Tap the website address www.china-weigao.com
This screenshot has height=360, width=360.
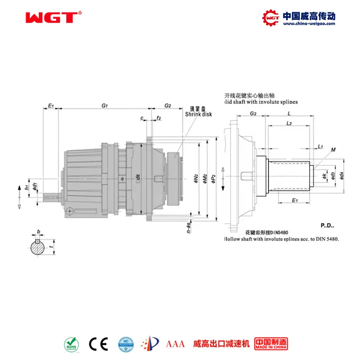point(308,24)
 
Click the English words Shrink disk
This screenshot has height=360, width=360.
point(198,114)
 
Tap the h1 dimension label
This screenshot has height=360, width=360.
point(27,186)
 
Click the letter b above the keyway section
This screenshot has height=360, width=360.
point(38,232)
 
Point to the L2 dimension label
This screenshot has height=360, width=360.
point(289,123)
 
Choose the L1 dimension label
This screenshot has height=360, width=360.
point(320,147)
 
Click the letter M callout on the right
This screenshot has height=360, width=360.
point(333,149)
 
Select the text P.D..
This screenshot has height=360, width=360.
point(327,225)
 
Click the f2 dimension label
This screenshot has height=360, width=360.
point(159,118)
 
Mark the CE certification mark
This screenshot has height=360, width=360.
point(98,344)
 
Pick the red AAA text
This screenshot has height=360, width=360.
point(175,344)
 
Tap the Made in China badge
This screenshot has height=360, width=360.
point(271,344)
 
